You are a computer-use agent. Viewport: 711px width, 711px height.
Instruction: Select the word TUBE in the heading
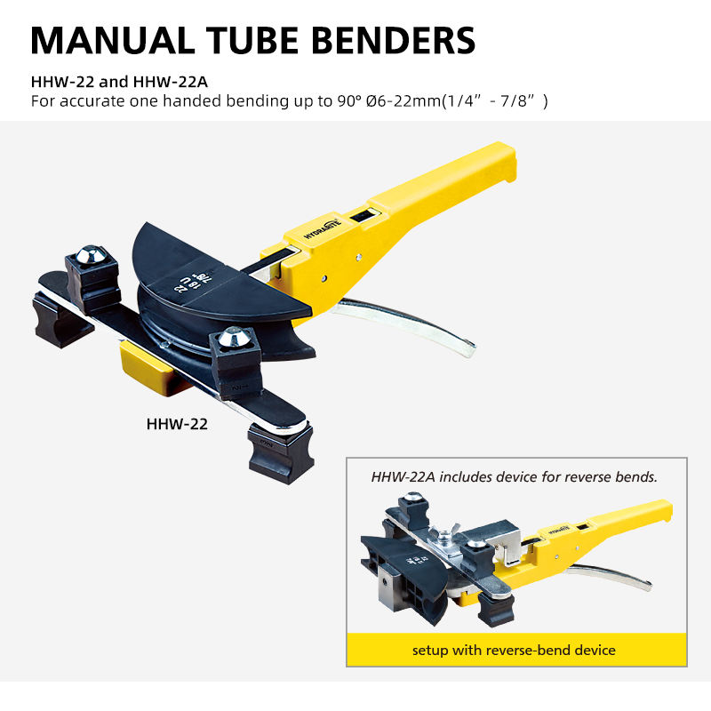pos(249,40)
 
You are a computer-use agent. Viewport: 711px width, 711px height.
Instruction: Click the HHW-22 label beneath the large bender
pos(177,424)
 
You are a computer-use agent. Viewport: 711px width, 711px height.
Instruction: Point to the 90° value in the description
pos(348,100)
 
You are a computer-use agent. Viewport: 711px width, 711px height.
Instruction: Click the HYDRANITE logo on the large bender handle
pos(322,227)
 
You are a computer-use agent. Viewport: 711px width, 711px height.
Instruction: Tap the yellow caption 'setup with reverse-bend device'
pos(514,650)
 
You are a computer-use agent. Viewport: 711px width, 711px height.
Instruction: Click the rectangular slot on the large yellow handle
pos(363,215)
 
